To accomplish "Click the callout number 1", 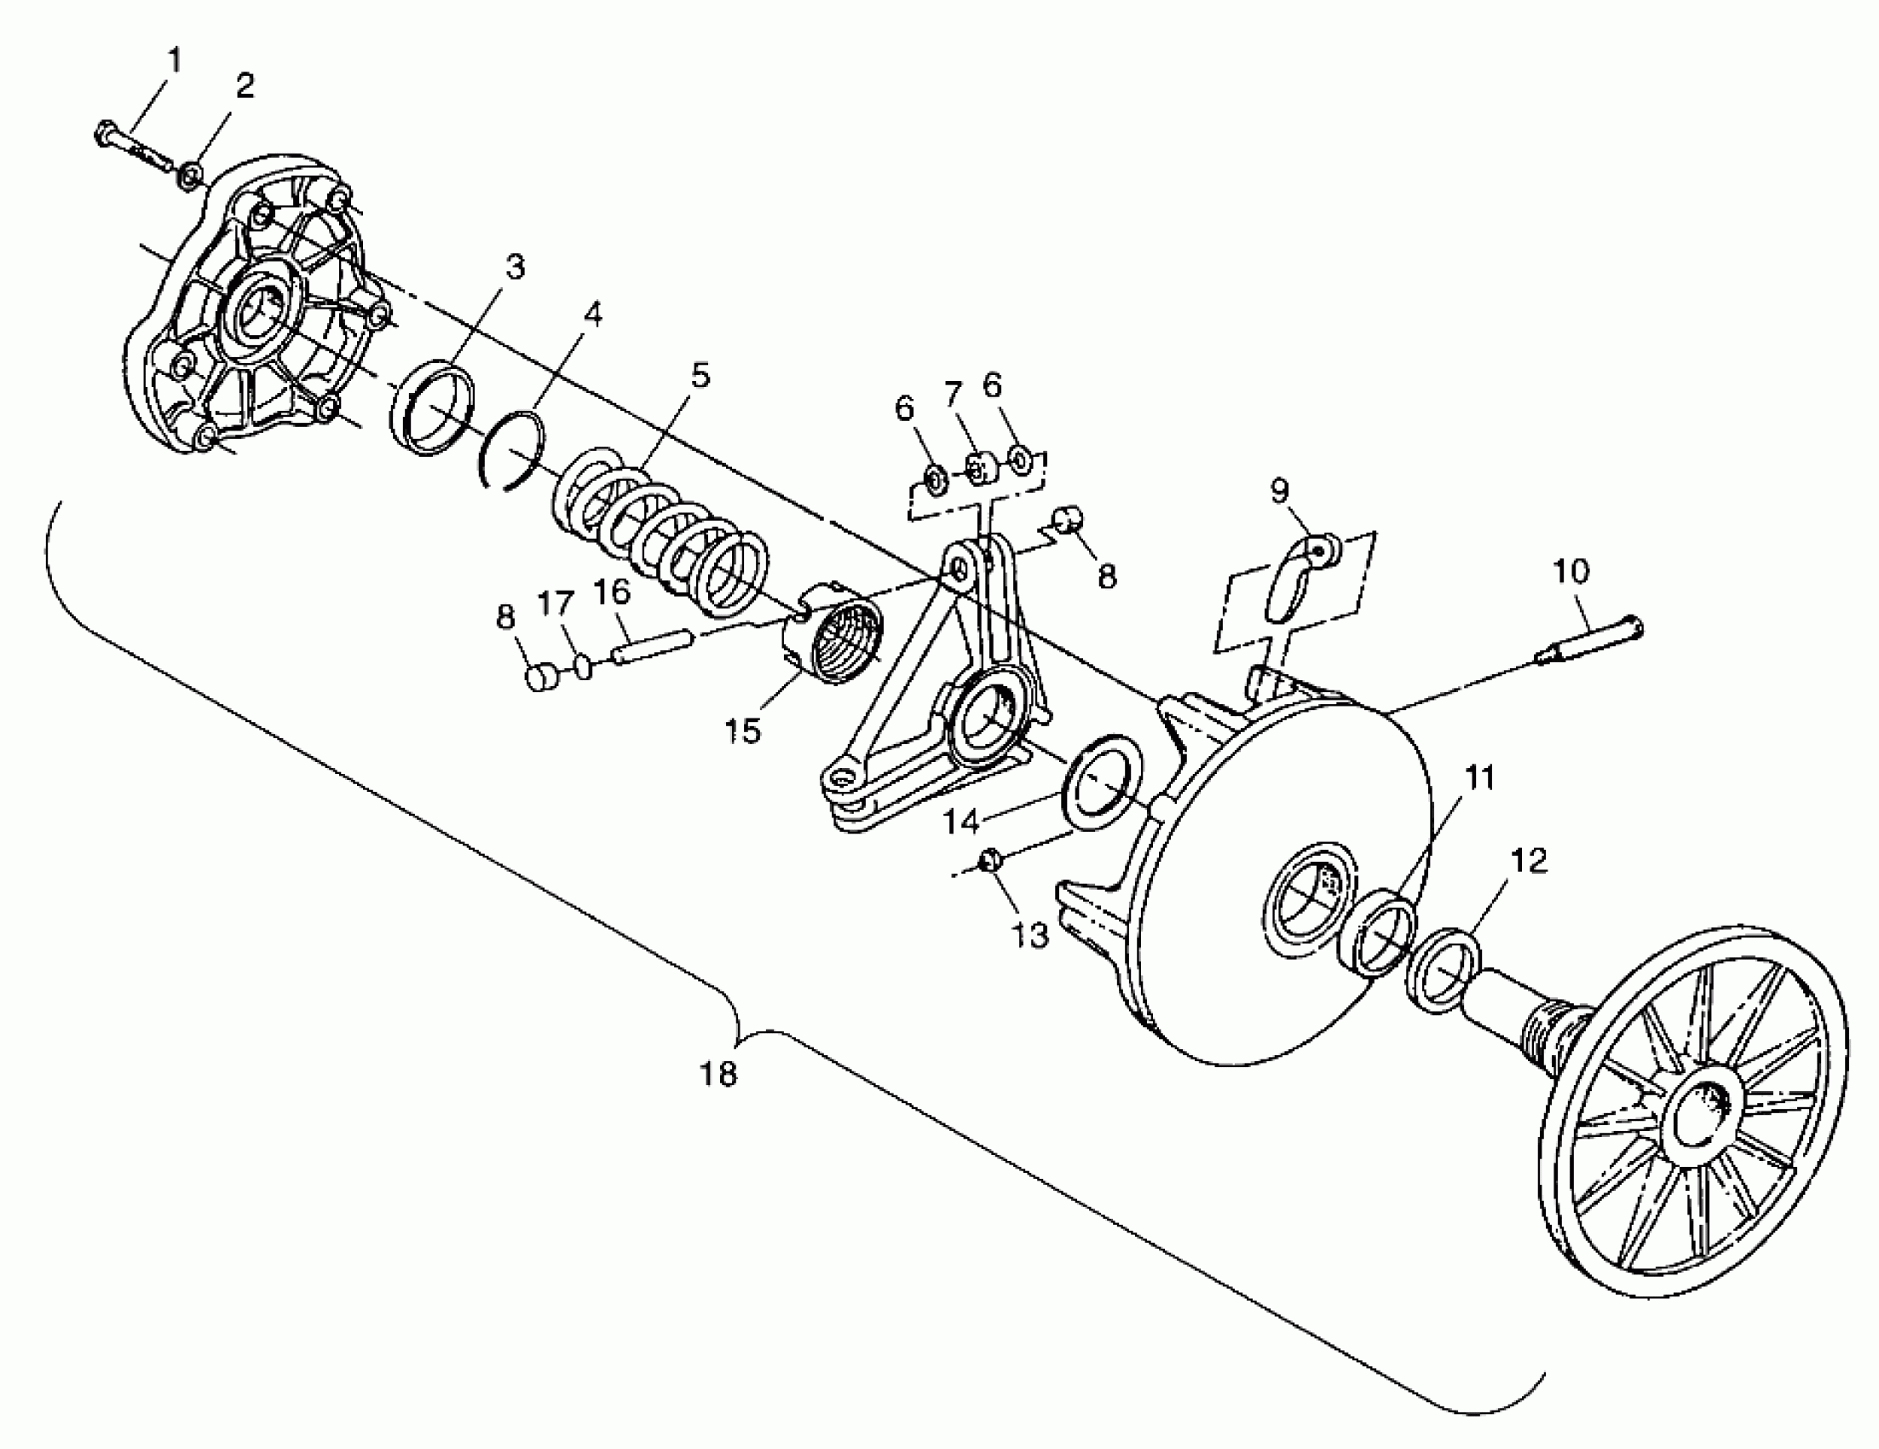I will point(175,62).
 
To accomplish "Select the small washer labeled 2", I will point(191,177).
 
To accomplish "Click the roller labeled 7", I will point(980,469).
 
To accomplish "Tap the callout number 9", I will point(1279,491).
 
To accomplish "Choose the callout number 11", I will point(1479,778).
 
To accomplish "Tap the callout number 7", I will point(952,395).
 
